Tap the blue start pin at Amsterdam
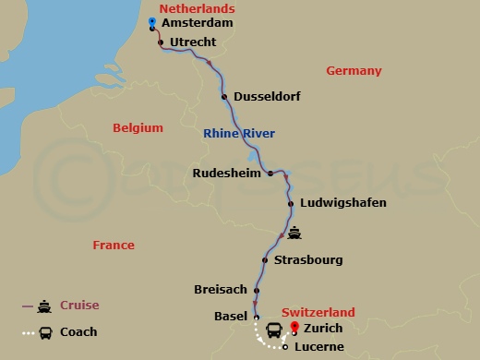coord(151,22)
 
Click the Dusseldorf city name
coord(268,96)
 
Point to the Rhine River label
coord(239,134)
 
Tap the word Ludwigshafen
coord(336,203)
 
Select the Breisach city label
coord(220,290)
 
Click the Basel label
coord(230,317)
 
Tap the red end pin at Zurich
coord(294,327)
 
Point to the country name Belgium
coord(138,128)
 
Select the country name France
coord(114,246)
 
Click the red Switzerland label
coord(318,313)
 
